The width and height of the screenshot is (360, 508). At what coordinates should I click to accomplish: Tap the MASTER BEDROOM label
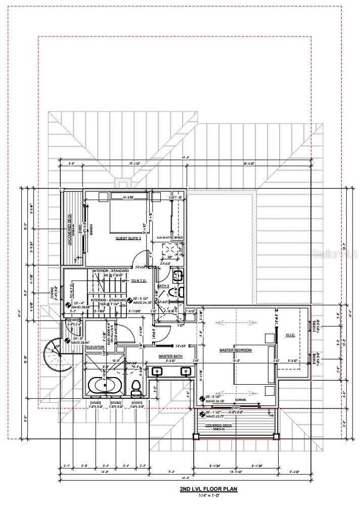tap(235, 350)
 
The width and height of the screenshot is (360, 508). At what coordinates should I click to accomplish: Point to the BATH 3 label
tap(163, 286)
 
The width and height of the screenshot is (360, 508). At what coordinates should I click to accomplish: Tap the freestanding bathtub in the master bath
tap(105, 386)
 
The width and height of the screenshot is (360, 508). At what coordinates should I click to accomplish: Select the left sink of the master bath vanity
tap(157, 372)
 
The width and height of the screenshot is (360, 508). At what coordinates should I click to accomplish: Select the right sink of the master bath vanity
tap(185, 372)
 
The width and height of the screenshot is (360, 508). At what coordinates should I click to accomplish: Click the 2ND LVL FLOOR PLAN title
tap(208, 489)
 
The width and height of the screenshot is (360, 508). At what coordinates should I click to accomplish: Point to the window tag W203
tap(96, 402)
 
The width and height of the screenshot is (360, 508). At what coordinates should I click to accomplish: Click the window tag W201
tap(137, 402)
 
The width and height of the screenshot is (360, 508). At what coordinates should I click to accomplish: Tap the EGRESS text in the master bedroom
tap(240, 399)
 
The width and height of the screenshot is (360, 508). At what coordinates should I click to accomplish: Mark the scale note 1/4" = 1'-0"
tap(208, 496)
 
